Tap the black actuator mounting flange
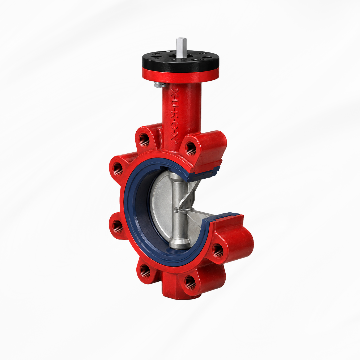point(180,60)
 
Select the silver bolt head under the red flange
point(158,85)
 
